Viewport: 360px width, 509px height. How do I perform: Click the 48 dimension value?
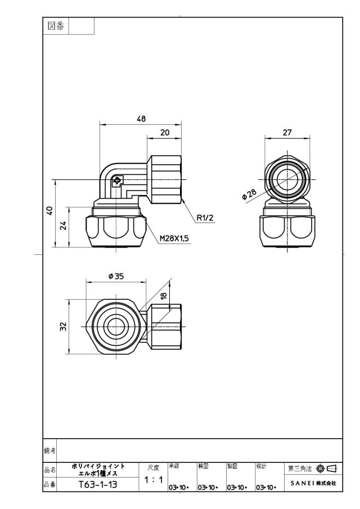point(141,119)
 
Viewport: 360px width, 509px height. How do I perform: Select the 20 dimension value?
point(165,132)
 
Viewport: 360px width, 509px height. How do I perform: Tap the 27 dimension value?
point(287,132)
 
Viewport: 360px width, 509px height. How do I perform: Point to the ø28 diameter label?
point(249,195)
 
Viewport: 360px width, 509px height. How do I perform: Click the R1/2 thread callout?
point(205,218)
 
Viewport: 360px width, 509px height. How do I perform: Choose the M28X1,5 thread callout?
point(174,239)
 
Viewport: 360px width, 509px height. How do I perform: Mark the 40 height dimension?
point(49,211)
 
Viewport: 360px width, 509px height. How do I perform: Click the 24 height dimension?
point(64,226)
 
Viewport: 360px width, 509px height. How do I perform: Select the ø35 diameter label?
point(115,276)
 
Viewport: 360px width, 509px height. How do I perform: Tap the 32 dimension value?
point(64,326)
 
